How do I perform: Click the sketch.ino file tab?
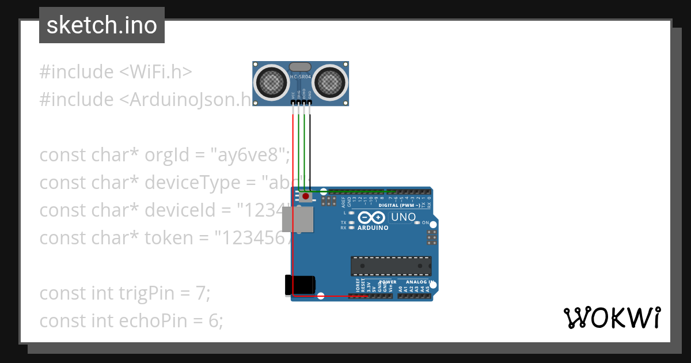click(x=102, y=25)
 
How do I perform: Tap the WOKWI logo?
click(x=612, y=318)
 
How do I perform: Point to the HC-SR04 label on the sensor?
click(x=301, y=76)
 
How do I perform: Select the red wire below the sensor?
click(x=293, y=150)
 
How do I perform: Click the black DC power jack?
click(x=300, y=286)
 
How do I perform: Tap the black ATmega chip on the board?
click(x=391, y=266)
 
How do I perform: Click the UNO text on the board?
click(x=403, y=218)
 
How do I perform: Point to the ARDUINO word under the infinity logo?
click(x=373, y=228)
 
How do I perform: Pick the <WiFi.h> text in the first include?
click(x=155, y=72)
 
